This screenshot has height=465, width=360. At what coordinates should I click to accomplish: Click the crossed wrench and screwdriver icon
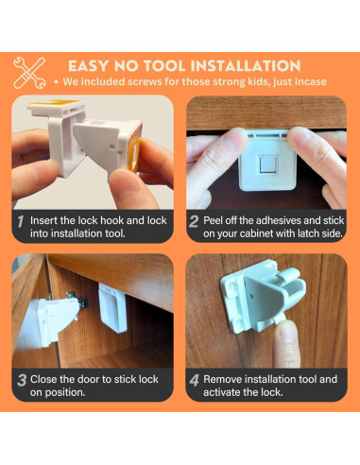[29, 73]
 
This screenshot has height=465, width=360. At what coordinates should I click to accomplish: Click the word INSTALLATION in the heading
[246, 66]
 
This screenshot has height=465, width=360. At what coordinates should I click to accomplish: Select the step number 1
[21, 221]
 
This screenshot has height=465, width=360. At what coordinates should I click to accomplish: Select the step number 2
[194, 221]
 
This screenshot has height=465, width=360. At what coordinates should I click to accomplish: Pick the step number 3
[22, 380]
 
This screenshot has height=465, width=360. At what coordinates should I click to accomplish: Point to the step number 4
[195, 380]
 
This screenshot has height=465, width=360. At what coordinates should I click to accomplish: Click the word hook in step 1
[114, 220]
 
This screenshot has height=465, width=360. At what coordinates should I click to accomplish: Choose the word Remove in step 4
[223, 379]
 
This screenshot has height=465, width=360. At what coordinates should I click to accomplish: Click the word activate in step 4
[222, 392]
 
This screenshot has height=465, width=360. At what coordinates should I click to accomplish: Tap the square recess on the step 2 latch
[268, 164]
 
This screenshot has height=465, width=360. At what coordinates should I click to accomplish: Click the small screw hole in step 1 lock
[112, 146]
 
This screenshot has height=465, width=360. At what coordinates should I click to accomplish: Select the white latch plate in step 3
[112, 308]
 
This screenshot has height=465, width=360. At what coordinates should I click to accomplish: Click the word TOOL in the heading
[164, 66]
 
